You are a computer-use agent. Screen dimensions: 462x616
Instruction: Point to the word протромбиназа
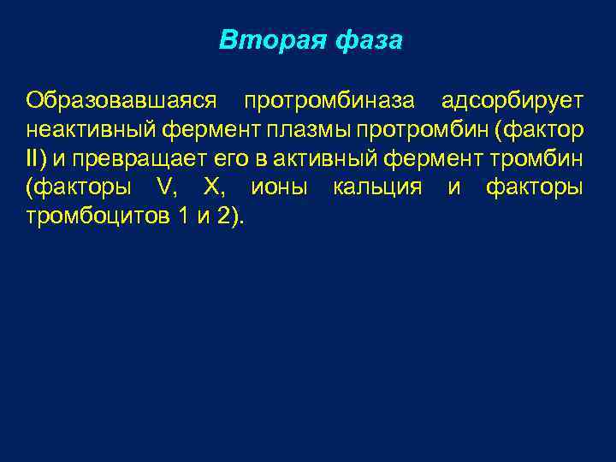click(330, 101)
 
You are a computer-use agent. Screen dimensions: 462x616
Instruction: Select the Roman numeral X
click(214, 187)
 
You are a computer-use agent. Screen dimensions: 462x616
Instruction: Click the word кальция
click(377, 187)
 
